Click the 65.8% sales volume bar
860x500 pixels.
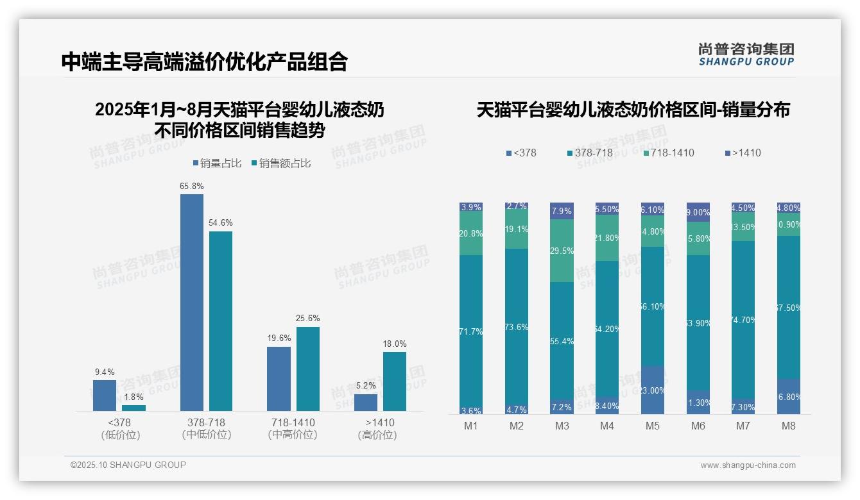coord(191,302)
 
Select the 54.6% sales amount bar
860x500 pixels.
coord(221,321)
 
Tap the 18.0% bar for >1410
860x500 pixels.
coord(395,381)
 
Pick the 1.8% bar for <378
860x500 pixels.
coord(133,408)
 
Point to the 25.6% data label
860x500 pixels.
coord(308,319)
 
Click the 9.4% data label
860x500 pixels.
coord(104,372)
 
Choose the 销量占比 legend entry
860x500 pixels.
coord(217,163)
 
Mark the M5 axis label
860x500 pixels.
coord(652,426)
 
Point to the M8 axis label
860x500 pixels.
coord(788,426)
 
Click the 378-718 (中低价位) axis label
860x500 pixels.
coord(206,429)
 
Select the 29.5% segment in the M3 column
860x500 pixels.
coord(562,251)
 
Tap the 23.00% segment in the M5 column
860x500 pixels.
coord(653,390)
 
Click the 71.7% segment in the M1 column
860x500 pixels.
coord(471,331)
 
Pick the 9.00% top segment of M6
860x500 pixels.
coord(698,212)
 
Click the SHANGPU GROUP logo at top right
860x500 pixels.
coord(746,54)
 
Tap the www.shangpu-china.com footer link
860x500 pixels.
coord(748,465)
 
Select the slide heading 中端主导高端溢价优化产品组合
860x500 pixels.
coord(205,62)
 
